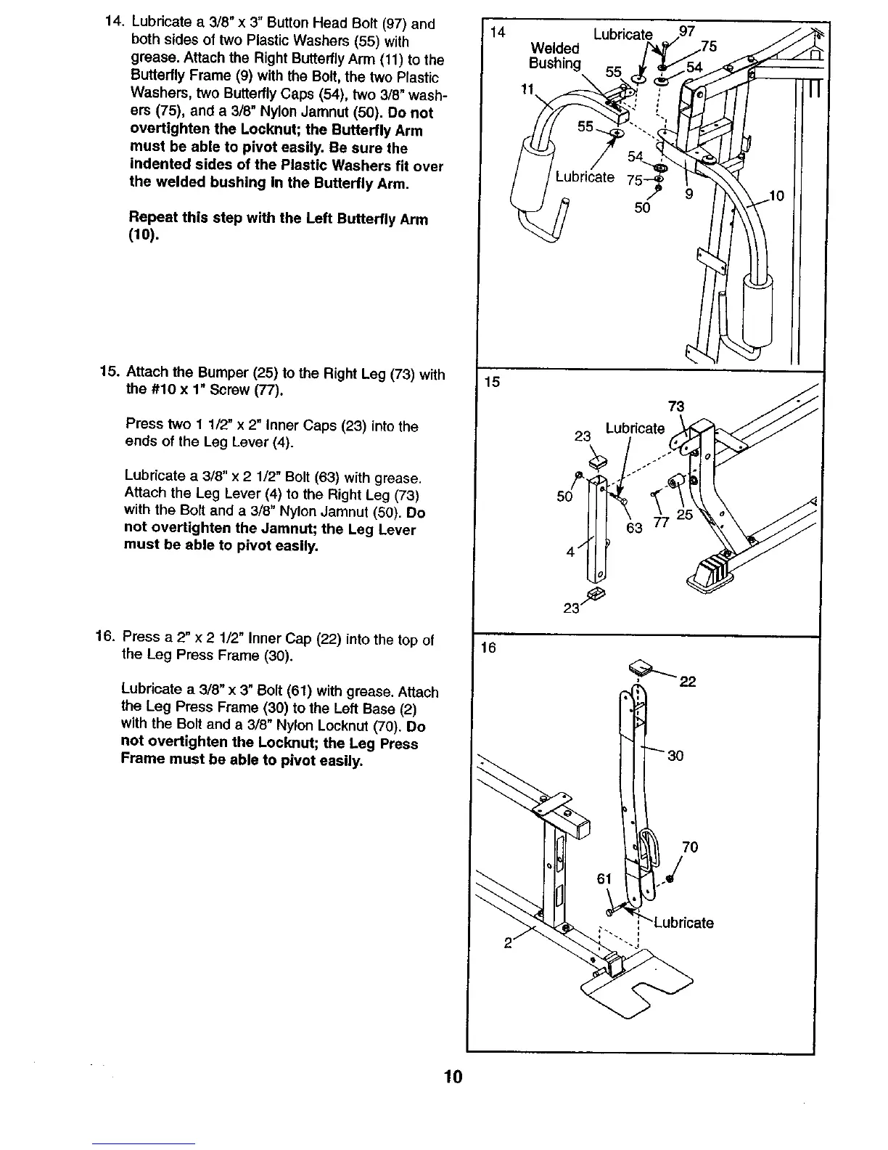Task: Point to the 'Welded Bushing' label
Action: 555,56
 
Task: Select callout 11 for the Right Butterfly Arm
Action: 527,89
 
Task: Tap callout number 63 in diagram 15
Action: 634,528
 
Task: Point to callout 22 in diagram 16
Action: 688,681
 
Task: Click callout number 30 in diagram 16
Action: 675,756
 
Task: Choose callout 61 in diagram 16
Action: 604,879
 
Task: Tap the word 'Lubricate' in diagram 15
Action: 635,428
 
